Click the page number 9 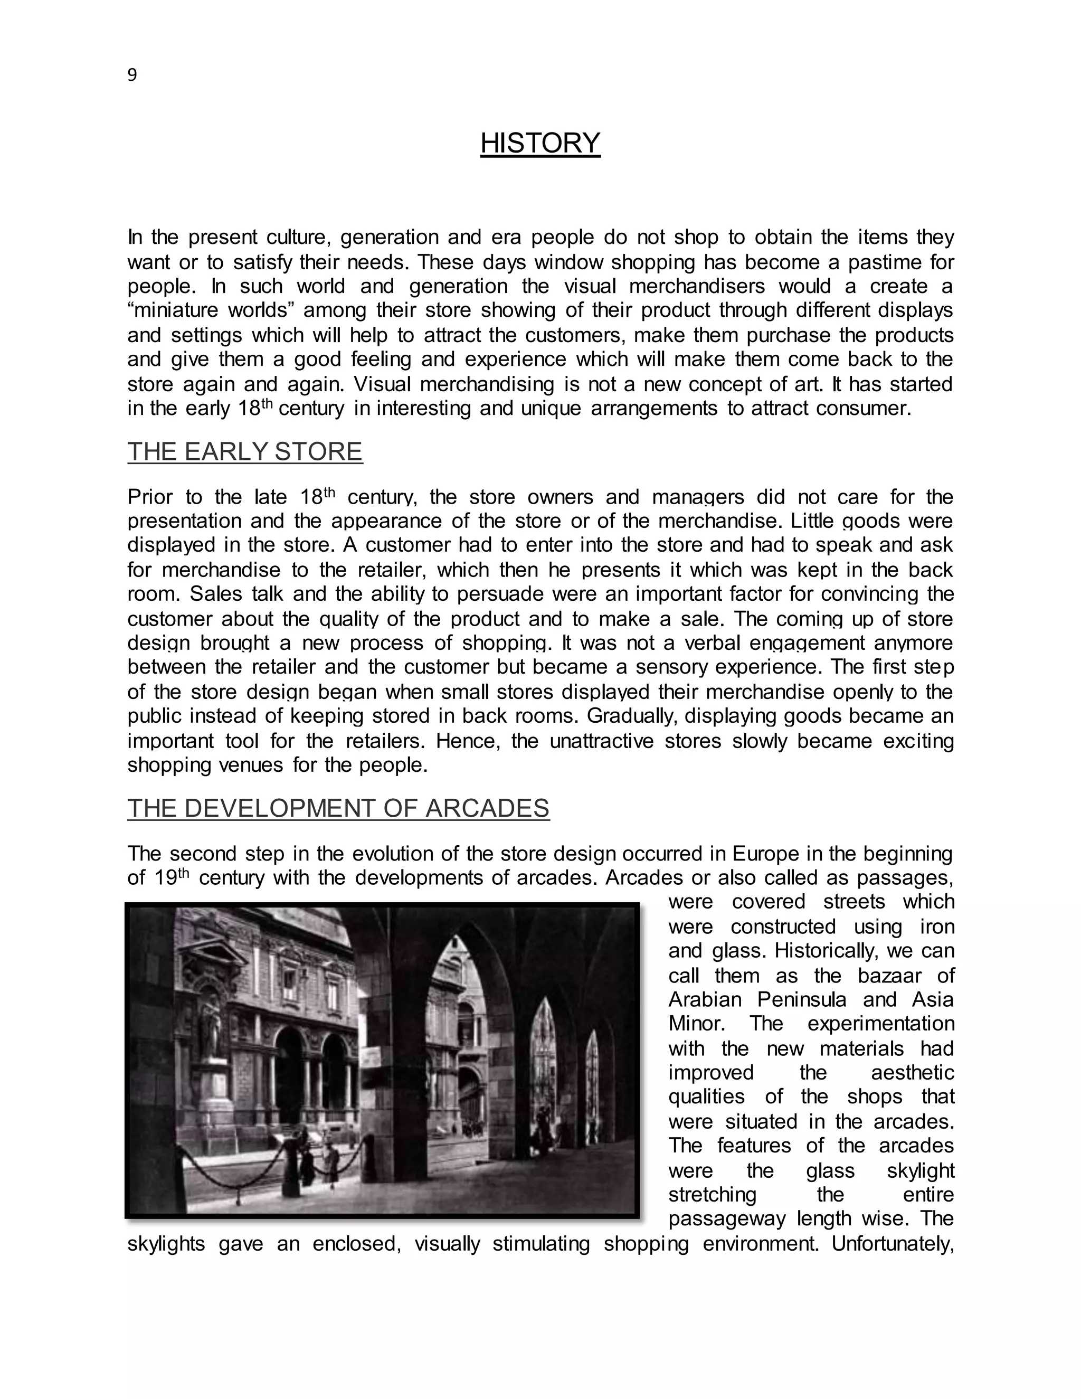point(132,75)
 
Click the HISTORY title point(540,143)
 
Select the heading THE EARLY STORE point(244,451)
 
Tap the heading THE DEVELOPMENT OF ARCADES point(338,808)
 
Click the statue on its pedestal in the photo point(211,1018)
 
